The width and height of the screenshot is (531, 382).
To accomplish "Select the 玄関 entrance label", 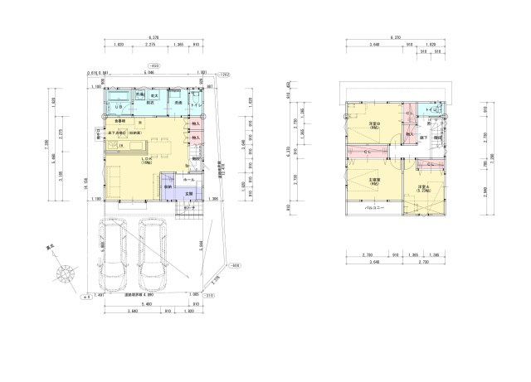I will tap(188, 193).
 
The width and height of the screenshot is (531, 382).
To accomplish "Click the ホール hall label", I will tap(188, 178).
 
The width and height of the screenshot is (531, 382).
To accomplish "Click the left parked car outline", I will tap(115, 253).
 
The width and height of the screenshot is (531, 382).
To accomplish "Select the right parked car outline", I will tap(155, 253).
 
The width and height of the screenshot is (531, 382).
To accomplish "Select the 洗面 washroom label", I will tap(178, 104).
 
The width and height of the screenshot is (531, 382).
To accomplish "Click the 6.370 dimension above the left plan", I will tap(153, 37).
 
